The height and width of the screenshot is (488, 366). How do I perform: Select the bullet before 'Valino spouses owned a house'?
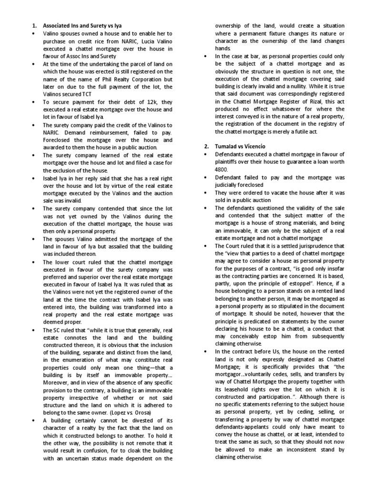coord(32,33)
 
